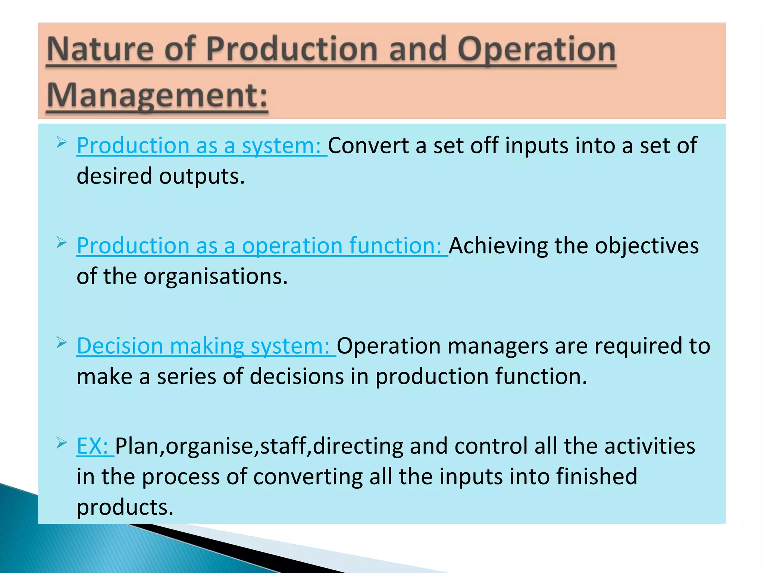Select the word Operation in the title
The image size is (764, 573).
[x=536, y=49]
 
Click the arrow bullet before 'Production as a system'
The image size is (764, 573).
[x=62, y=142]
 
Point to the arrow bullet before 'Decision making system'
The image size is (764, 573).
[x=62, y=342]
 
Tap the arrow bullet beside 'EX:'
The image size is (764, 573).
[x=62, y=443]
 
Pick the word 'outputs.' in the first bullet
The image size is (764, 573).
[x=202, y=176]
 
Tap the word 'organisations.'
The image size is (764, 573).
[x=216, y=276]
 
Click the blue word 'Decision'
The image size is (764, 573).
[x=120, y=346]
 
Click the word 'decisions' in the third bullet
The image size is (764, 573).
[x=297, y=376]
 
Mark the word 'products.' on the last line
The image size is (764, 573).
[x=125, y=507]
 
